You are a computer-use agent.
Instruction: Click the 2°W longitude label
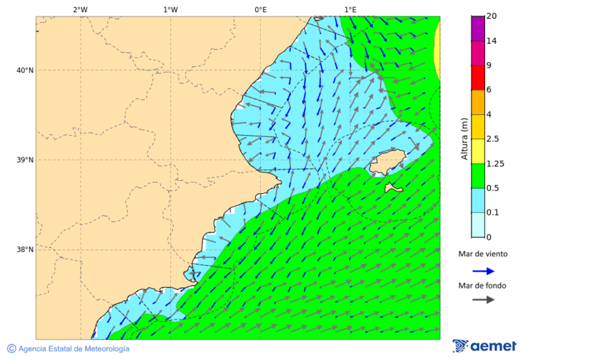pos(80,9)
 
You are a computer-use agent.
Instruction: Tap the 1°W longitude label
pos(170,9)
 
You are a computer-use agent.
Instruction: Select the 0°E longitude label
pos(260,9)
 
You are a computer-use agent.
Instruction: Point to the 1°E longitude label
pos(350,9)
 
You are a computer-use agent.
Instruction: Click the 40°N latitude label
pos(25,70)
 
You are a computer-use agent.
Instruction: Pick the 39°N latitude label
pos(25,160)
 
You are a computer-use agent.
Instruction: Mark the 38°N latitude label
pos(25,250)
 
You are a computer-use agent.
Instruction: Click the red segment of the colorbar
pos(478,78)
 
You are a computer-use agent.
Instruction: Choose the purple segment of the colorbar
pos(478,28)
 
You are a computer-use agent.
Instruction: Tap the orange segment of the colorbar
pos(478,102)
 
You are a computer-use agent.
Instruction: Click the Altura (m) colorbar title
pos(464,138)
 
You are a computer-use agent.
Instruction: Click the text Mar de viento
pos(482,255)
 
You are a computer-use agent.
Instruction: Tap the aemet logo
pos(484,346)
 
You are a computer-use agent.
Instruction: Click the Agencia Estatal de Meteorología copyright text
pos(68,349)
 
